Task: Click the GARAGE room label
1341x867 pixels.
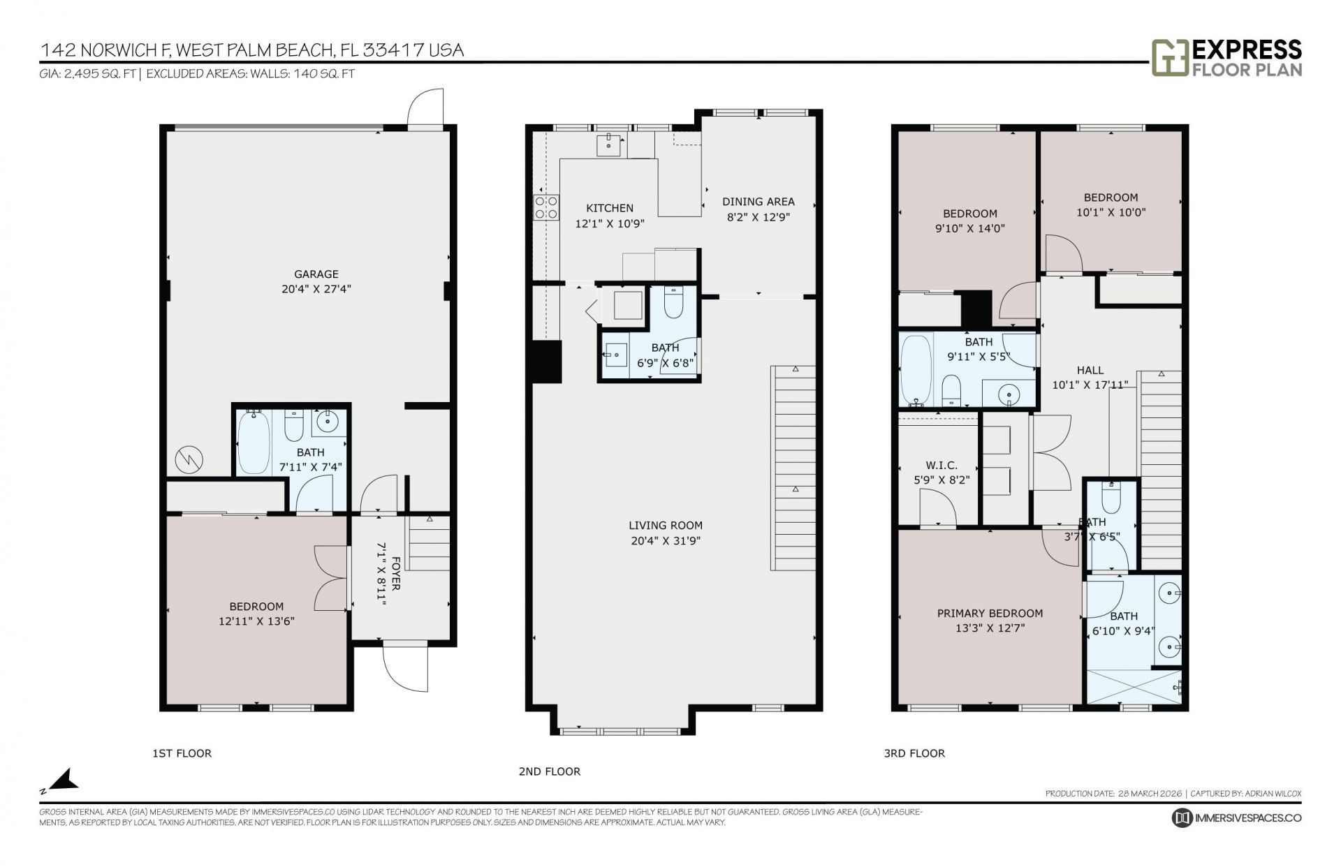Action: (x=316, y=274)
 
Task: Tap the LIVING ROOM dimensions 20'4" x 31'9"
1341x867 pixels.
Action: (x=665, y=540)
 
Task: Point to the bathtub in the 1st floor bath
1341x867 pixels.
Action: (x=253, y=443)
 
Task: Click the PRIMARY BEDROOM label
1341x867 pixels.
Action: (x=990, y=614)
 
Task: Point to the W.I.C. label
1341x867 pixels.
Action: (x=941, y=466)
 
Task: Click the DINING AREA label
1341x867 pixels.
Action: (x=758, y=202)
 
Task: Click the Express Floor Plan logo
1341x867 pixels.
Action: (x=1226, y=58)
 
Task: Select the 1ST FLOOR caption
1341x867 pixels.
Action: (x=182, y=753)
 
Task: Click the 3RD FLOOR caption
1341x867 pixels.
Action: (x=914, y=753)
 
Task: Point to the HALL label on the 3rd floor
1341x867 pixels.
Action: (x=1090, y=371)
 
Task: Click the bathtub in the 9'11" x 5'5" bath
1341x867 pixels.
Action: (x=916, y=371)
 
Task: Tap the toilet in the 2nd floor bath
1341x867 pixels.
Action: (x=673, y=303)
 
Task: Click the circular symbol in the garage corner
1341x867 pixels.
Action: (x=189, y=459)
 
